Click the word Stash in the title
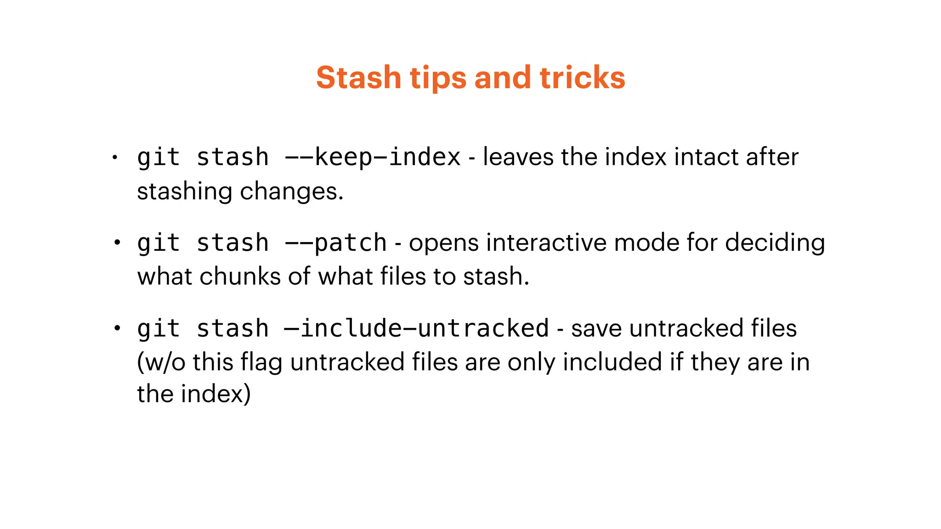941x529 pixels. click(x=358, y=77)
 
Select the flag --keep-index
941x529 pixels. click(x=372, y=158)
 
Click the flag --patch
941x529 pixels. click(x=335, y=243)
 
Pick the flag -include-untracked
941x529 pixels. click(x=416, y=329)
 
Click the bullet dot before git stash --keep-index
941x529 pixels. click(x=115, y=158)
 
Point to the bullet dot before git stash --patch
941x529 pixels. click(x=117, y=242)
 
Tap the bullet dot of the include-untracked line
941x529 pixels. click(x=117, y=328)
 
